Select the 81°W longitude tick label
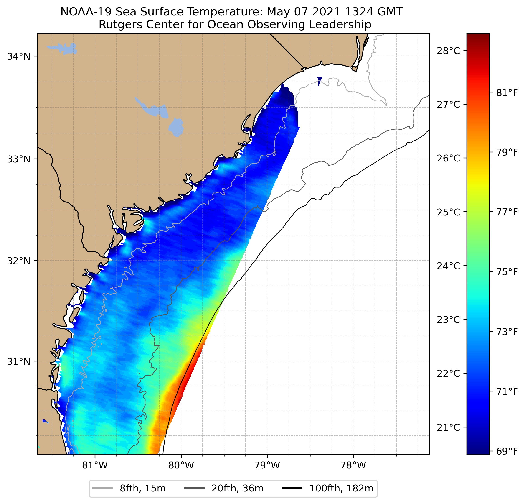click(x=95, y=465)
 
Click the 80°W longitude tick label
click(x=181, y=465)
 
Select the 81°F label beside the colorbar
click(x=507, y=93)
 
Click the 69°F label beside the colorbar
click(x=507, y=451)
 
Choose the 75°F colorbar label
click(x=507, y=272)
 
